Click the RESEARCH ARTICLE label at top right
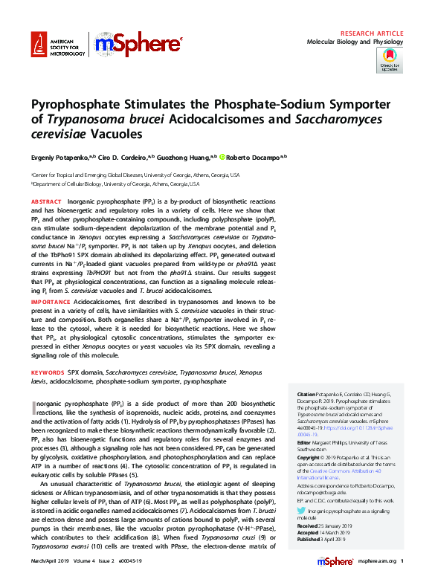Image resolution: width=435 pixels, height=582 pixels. click(x=372, y=34)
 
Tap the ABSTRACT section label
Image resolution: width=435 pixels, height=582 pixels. click(x=46, y=202)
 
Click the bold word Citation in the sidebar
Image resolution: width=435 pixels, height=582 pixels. click(x=306, y=394)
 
